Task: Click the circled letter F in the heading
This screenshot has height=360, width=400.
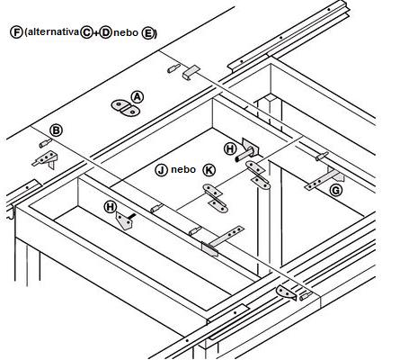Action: (16, 32)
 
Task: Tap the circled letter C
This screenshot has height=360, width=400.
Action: (86, 32)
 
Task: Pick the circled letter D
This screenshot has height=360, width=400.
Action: (105, 32)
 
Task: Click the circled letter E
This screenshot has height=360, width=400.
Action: (147, 33)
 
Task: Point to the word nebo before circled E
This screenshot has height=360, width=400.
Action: (126, 32)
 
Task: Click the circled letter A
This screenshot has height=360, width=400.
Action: (138, 97)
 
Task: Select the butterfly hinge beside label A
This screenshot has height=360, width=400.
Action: (125, 108)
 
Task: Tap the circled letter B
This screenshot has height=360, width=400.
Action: (56, 130)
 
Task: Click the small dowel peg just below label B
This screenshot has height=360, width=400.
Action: (45, 143)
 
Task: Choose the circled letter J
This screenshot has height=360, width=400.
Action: (161, 170)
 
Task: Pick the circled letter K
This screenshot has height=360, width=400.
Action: (209, 170)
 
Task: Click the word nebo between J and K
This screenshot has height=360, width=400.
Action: (183, 170)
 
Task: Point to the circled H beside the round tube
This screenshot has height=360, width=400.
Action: (230, 148)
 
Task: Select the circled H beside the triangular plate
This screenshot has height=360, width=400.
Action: (111, 207)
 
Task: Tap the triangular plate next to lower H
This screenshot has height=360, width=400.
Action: (124, 220)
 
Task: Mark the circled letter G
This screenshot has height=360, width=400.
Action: (336, 190)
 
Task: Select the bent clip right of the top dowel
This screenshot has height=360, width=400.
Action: (191, 72)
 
